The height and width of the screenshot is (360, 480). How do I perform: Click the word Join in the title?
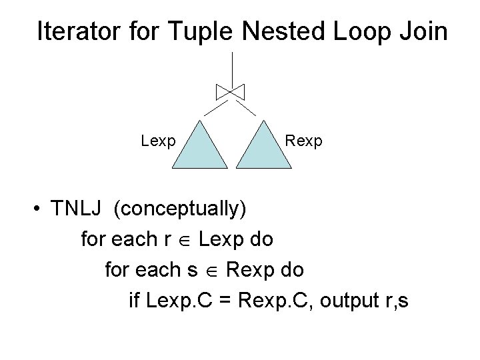click(425, 31)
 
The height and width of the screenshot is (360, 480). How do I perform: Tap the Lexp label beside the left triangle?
click(158, 141)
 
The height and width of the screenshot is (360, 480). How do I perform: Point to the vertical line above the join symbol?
click(232, 67)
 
